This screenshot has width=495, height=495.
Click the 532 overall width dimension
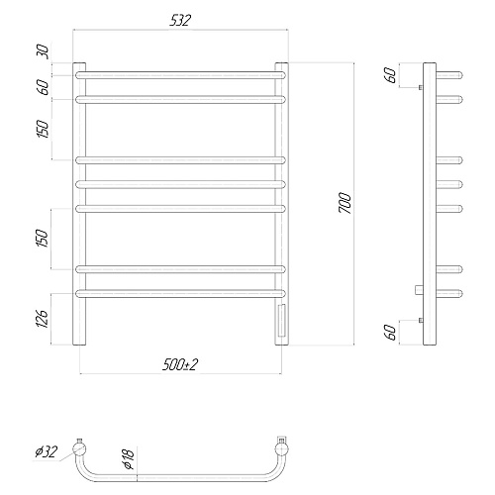(x=180, y=21)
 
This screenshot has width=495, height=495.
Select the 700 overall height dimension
(x=346, y=204)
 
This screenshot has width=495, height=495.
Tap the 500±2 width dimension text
(x=180, y=365)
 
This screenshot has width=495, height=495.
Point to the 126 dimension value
(x=43, y=319)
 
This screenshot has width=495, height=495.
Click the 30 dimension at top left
(x=43, y=52)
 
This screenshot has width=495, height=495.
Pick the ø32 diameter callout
(x=47, y=451)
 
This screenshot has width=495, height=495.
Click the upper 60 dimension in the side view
(x=390, y=75)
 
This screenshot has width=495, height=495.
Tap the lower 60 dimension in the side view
(x=390, y=333)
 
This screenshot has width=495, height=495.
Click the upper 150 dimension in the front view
(x=43, y=130)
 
